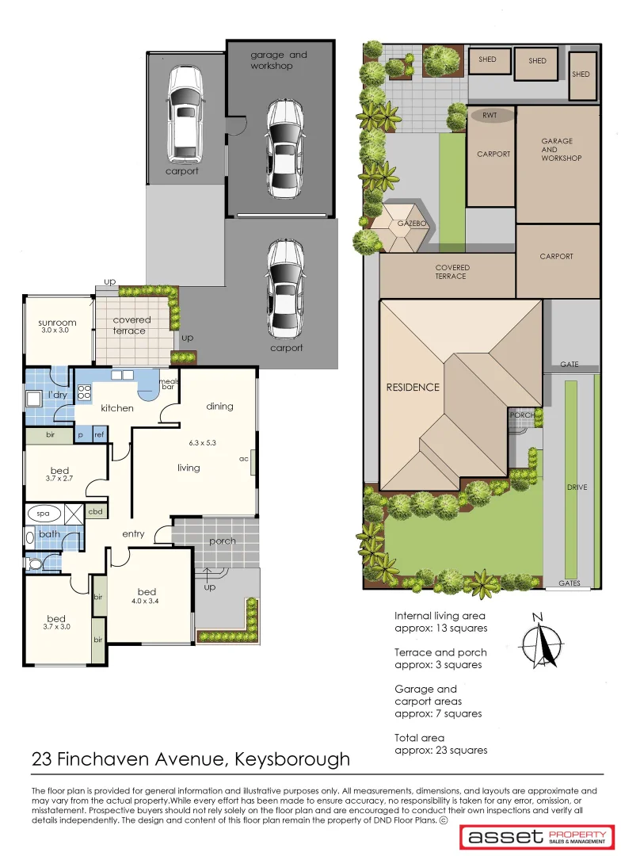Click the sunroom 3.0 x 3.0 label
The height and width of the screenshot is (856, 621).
pyautogui.click(x=57, y=326)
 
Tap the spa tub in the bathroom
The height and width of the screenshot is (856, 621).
pyautogui.click(x=43, y=514)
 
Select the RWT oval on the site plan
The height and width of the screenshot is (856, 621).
pyautogui.click(x=493, y=116)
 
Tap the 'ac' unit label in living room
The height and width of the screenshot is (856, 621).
pyautogui.click(x=245, y=459)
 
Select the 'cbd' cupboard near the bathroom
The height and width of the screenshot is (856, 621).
pyautogui.click(x=95, y=513)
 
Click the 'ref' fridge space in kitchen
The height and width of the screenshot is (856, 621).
pyautogui.click(x=99, y=434)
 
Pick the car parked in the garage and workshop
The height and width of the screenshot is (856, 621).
pyautogui.click(x=284, y=148)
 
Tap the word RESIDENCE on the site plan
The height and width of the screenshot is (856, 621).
pyautogui.click(x=413, y=388)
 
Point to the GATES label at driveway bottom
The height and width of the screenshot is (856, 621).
pyautogui.click(x=570, y=583)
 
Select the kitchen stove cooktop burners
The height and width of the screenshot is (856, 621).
pyautogui.click(x=84, y=391)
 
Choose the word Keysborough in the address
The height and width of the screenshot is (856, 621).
pyautogui.click(x=293, y=759)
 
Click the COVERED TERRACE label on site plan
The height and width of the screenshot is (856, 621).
pyautogui.click(x=451, y=272)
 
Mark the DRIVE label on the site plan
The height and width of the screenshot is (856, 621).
pyautogui.click(x=577, y=487)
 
